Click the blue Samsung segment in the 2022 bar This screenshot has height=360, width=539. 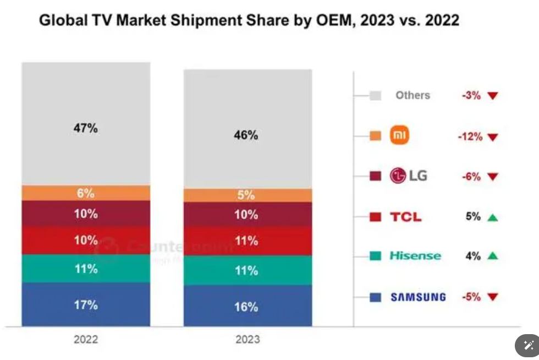pos(86,304)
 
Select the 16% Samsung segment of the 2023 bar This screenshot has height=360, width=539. pos(248,306)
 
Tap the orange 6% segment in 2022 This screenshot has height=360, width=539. pos(86,193)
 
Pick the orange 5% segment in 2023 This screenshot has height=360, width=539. pos(248,195)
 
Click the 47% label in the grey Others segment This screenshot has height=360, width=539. pos(86,128)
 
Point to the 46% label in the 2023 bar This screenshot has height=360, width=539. pos(246,135)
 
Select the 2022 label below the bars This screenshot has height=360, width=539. pos(86,340)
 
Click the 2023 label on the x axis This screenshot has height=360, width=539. pos(248,340)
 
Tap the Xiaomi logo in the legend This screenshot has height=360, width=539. pos(399,135)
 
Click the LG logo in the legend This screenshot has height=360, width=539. pos(408,176)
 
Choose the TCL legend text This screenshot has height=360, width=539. pos(406,217)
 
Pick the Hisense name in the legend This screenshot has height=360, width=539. pos(415,256)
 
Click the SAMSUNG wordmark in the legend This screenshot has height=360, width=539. pos(418,297)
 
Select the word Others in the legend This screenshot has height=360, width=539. pos(413,95)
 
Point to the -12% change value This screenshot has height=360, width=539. pos(470,137)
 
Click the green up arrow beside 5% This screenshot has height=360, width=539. pos(492,217)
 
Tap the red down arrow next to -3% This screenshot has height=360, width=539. pos(492,96)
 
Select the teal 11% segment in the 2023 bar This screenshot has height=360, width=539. pos(248,270)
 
